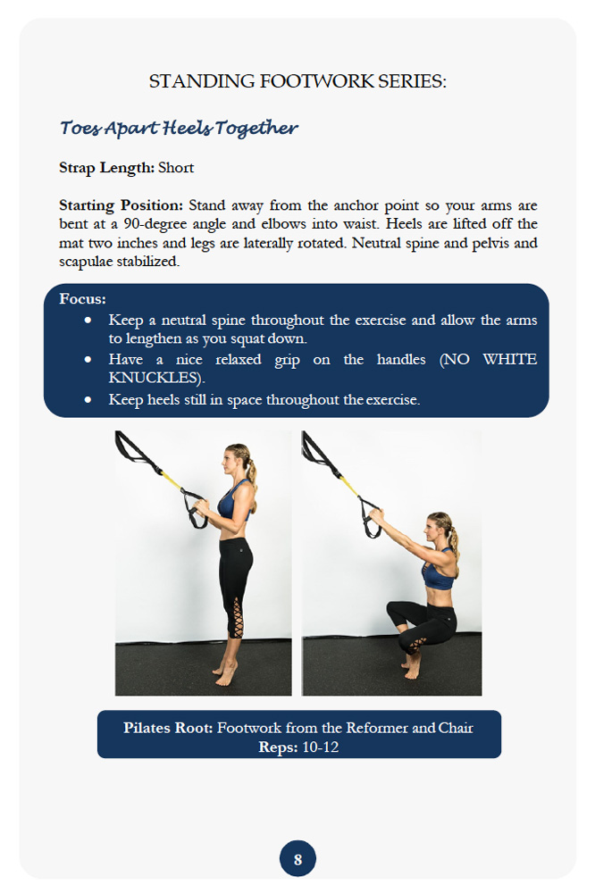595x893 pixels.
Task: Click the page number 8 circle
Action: coord(297,860)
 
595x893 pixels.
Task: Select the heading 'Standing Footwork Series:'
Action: coord(297,81)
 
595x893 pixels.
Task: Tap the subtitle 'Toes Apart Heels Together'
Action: coord(179,128)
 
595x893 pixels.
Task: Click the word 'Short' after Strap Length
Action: coord(176,167)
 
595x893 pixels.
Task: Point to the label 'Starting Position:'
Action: coord(121,204)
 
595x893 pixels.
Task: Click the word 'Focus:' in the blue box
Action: coord(82,298)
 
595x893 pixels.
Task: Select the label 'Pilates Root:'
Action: coord(168,728)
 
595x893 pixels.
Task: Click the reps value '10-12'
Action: coord(321,747)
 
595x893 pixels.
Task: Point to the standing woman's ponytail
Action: coord(252,472)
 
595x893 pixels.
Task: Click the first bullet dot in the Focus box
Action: coord(88,320)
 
